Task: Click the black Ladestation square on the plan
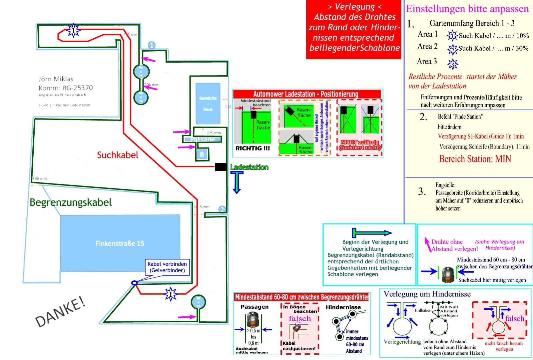tap(221, 167)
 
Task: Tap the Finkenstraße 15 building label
tap(120, 243)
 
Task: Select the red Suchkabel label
tap(118, 155)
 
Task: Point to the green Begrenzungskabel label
tap(71, 202)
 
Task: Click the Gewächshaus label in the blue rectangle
tap(208, 104)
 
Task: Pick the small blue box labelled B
tap(202, 154)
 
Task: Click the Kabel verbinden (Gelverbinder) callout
tap(167, 267)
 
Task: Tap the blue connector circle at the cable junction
tap(134, 283)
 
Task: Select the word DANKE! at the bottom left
tap(60, 311)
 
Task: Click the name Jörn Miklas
tap(56, 79)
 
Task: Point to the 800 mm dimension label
tap(40, 179)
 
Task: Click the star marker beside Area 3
tap(453, 64)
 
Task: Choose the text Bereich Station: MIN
tap(475, 159)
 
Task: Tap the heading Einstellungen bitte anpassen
tap(467, 9)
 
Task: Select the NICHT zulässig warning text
tap(360, 145)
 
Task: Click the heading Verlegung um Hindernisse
tap(427, 294)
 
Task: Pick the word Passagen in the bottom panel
tap(255, 307)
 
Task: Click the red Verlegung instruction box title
tap(354, 7)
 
